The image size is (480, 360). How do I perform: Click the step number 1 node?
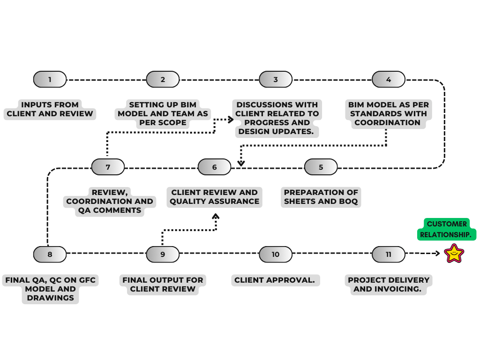pyautogui.click(x=50, y=79)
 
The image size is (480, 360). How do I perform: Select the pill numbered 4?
pyautogui.click(x=388, y=79)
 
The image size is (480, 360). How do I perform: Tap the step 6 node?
pyautogui.click(x=214, y=167)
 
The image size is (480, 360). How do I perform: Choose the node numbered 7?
pyautogui.click(x=108, y=167)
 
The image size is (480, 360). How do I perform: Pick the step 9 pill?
pyautogui.click(x=163, y=254)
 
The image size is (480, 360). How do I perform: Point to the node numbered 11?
pyautogui.click(x=388, y=254)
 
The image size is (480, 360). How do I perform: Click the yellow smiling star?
pyautogui.click(x=454, y=254)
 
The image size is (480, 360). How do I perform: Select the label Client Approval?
pyautogui.click(x=275, y=280)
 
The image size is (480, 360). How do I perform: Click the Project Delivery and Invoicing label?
pyautogui.click(x=388, y=285)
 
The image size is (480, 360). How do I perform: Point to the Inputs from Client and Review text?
pyautogui.click(x=50, y=109)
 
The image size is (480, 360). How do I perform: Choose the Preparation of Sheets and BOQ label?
pyautogui.click(x=321, y=197)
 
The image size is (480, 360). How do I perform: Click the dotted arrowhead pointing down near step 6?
pyautogui.click(x=241, y=163)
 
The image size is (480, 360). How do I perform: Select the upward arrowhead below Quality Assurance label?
pyautogui.click(x=216, y=217)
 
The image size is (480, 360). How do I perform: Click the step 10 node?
pyautogui.click(x=275, y=254)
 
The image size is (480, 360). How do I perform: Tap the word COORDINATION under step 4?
pyautogui.click(x=387, y=123)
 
